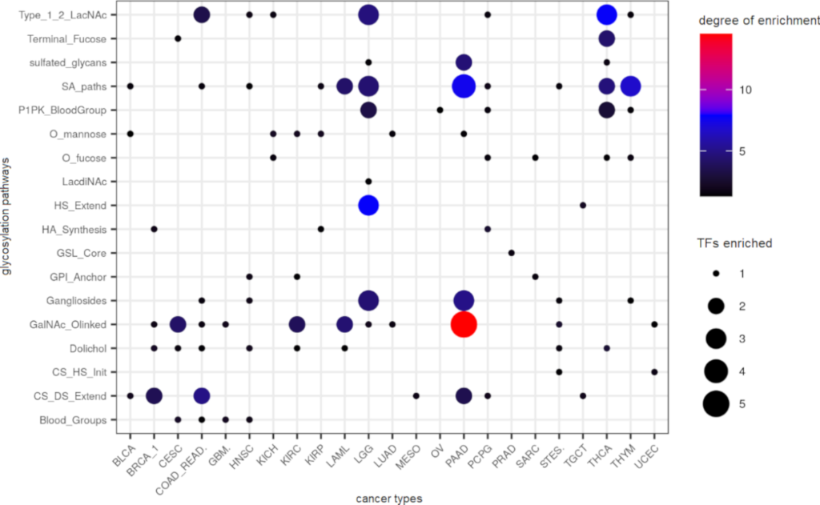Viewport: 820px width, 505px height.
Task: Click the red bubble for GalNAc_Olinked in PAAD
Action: tap(464, 324)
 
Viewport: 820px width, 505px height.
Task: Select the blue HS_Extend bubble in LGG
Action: tap(368, 205)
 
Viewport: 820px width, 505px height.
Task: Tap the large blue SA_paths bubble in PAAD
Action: tap(464, 86)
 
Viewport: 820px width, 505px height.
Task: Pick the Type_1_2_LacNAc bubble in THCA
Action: tap(606, 14)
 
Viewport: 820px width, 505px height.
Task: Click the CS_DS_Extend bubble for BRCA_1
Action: tap(154, 395)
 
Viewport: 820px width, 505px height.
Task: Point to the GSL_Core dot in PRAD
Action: tap(511, 253)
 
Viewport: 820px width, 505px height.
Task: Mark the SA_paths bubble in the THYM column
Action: tap(630, 86)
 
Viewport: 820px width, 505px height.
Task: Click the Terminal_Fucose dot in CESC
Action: tap(178, 38)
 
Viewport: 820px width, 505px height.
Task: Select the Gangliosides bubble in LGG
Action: tap(368, 300)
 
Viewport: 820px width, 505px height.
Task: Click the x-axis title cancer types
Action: tap(389, 498)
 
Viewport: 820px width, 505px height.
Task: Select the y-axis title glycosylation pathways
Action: tap(7, 217)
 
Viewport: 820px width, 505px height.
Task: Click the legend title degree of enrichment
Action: tap(756, 20)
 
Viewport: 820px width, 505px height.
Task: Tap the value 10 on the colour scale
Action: tap(745, 90)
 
